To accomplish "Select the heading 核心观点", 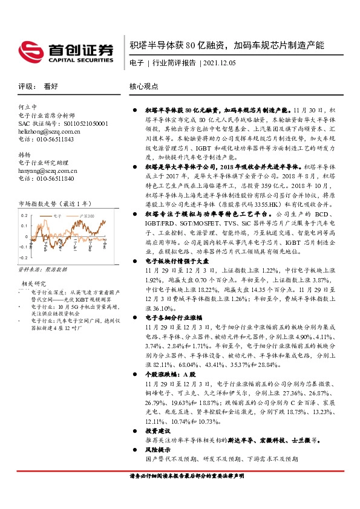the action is pos(144,86).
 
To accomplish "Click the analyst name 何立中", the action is pos(28,106).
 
